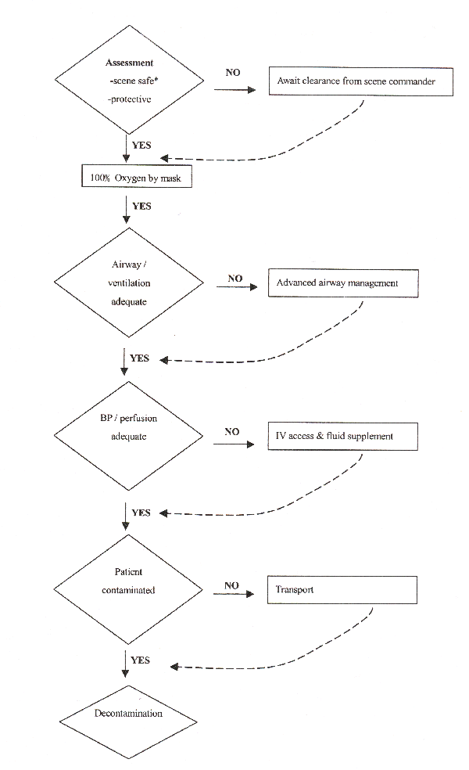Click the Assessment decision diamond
coord(129,80)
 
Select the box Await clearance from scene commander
coord(360,81)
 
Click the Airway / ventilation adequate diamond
coord(128,282)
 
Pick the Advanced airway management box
coord(343,282)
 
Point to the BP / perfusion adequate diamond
coord(128,436)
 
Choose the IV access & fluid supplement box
coord(342,436)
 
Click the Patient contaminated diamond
coord(128,589)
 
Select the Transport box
coord(342,590)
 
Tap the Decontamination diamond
coord(128,721)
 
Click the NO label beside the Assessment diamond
coord(233,73)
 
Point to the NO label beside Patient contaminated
coord(231,585)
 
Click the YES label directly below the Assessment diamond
coord(141,145)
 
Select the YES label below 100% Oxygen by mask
coord(141,206)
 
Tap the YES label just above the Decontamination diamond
coord(140,660)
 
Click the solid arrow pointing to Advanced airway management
coord(237,286)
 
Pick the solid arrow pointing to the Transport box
coord(234,594)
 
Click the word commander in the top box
coord(412,81)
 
